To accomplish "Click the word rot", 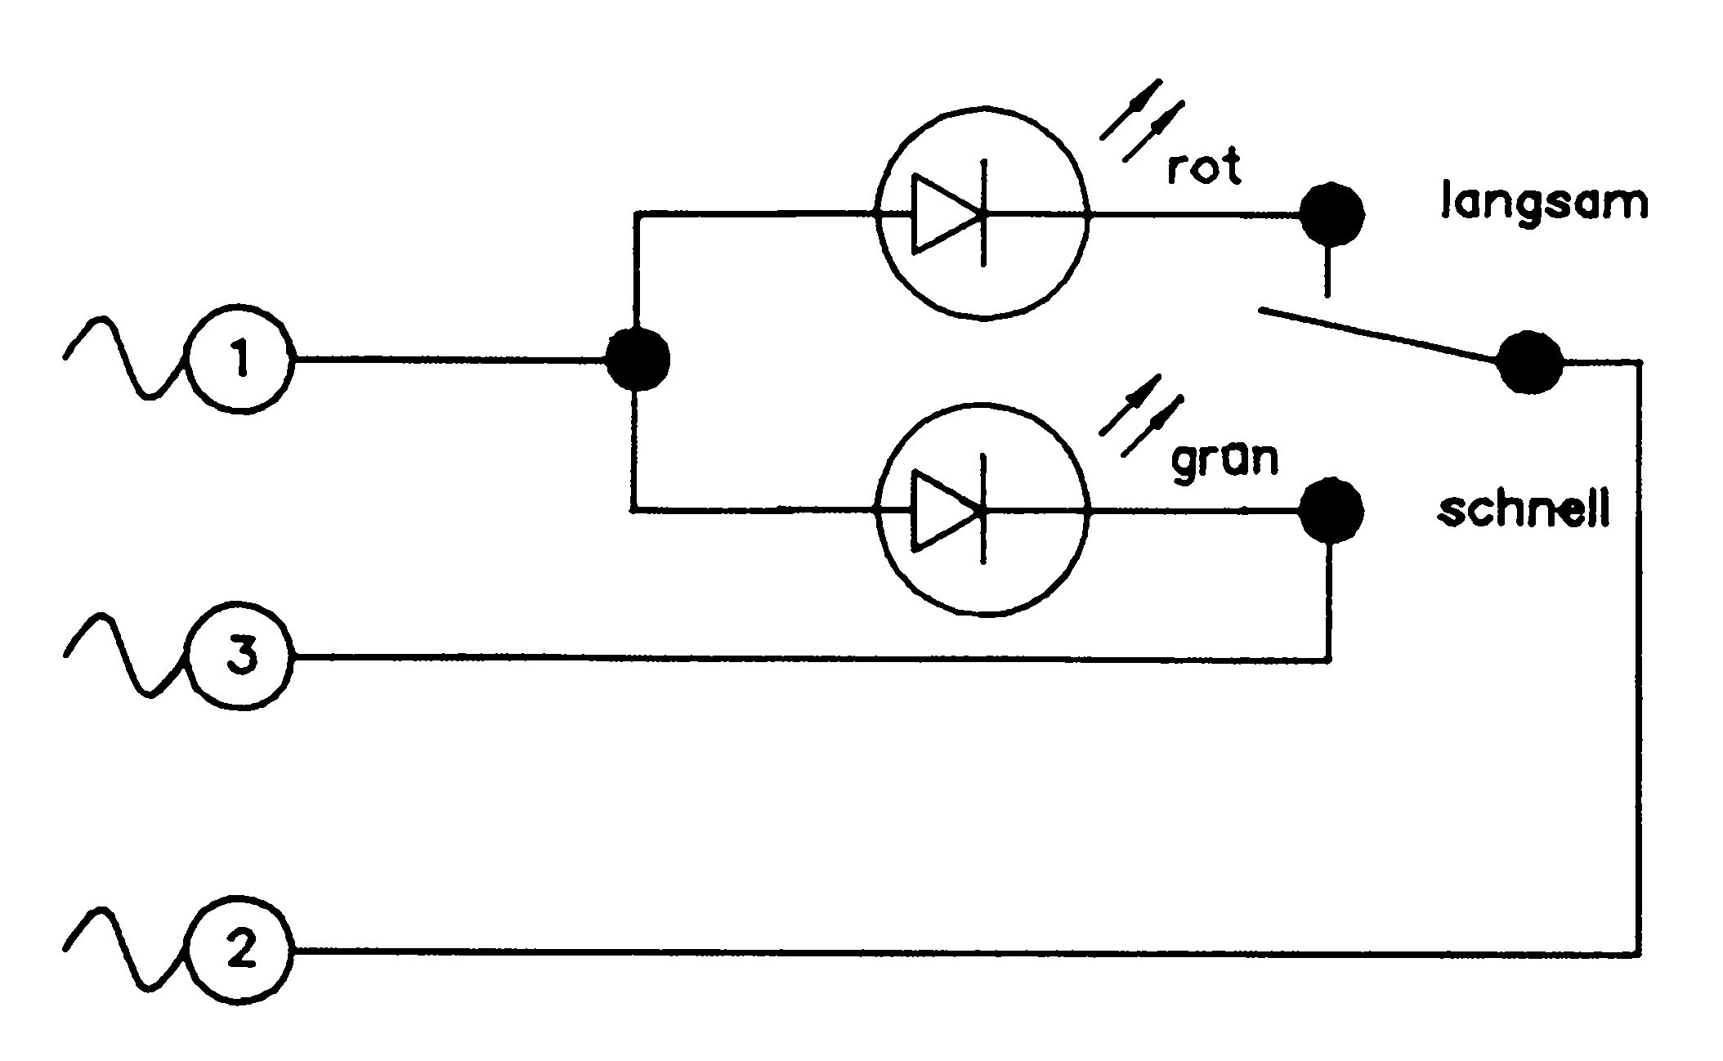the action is [1203, 168].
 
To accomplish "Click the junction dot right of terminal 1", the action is [638, 359].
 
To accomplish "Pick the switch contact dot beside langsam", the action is [1331, 214].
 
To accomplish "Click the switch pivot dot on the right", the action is [1529, 363].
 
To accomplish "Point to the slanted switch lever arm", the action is [1379, 334].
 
